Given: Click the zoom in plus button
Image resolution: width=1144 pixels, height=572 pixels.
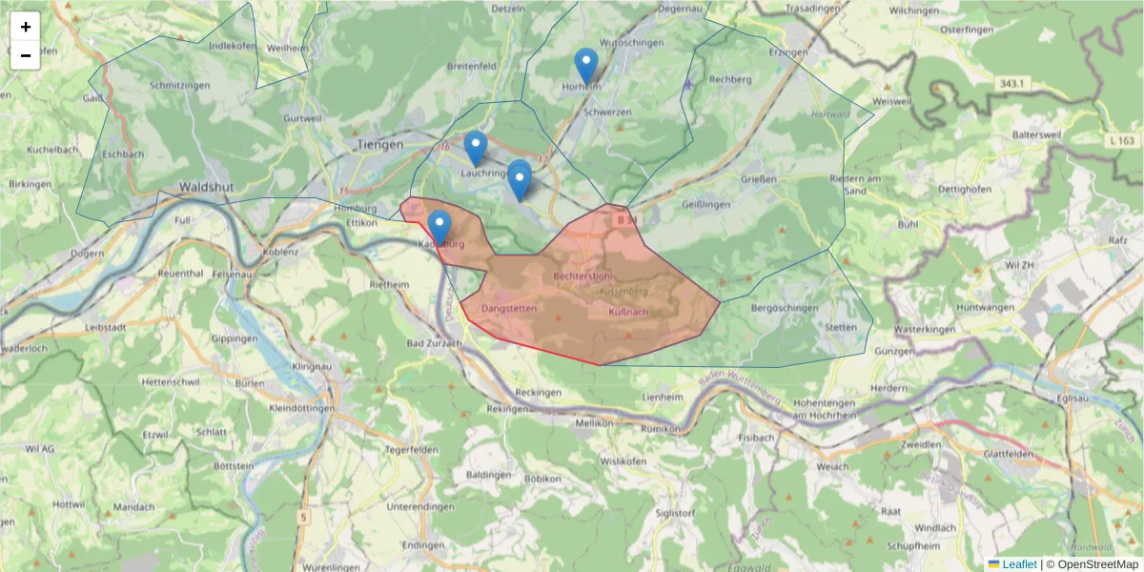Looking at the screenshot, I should coord(26,27).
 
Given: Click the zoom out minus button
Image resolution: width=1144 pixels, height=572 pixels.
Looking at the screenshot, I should coord(26,55).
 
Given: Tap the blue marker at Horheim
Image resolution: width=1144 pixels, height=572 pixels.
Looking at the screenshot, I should coord(586,66).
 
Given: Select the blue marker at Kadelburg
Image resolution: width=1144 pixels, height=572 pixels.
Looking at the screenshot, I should coord(439,227).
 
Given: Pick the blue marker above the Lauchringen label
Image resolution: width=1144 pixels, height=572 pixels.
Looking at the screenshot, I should coord(476,148).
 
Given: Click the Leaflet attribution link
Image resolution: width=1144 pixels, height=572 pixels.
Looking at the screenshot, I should coord(1019,564).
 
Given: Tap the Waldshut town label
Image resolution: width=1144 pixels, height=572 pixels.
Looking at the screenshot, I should coord(207,188).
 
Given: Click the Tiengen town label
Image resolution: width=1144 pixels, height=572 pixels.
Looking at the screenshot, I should coord(380,145).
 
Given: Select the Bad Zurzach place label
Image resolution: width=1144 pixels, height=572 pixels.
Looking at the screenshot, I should coord(432,343).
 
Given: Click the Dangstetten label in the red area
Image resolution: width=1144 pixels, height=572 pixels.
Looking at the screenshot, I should coord(510,309).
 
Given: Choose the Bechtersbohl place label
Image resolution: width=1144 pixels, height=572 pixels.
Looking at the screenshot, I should coord(582,276).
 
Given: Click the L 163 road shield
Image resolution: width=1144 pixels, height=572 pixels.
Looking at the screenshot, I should coord(1123,140).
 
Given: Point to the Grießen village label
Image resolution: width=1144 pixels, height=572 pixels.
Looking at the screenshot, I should coord(758,179).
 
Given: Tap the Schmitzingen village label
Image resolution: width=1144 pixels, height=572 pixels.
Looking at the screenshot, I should coord(179,85).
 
